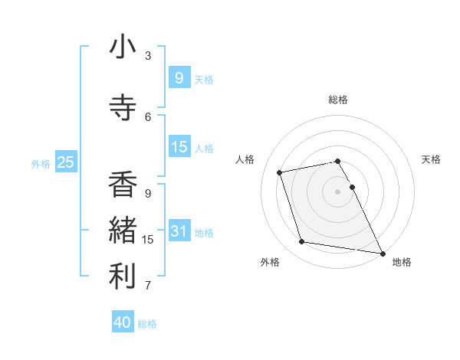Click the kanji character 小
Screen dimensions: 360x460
click(x=123, y=47)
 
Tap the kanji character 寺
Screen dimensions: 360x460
click(x=123, y=108)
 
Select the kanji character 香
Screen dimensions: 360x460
click(x=123, y=185)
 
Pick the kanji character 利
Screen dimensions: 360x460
click(x=123, y=277)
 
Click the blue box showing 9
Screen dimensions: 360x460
click(x=179, y=77)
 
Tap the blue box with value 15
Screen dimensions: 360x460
click(x=179, y=147)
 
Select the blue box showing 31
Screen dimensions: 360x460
click(x=179, y=231)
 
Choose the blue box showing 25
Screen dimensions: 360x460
click(x=65, y=162)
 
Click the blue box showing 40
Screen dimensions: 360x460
click(x=123, y=322)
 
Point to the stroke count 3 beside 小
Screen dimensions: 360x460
click(x=148, y=56)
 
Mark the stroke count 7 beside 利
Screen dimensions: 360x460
click(x=148, y=286)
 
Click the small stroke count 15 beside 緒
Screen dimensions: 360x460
click(x=148, y=240)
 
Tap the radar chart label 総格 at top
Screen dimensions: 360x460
click(x=338, y=100)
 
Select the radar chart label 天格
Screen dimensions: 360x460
click(x=432, y=159)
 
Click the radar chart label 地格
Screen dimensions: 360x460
click(x=402, y=262)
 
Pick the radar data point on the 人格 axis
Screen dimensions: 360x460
click(x=280, y=172)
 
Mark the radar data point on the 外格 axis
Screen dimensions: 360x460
click(x=302, y=242)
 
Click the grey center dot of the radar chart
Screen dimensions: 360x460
click(x=338, y=191)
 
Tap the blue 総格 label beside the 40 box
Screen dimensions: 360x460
click(x=147, y=324)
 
